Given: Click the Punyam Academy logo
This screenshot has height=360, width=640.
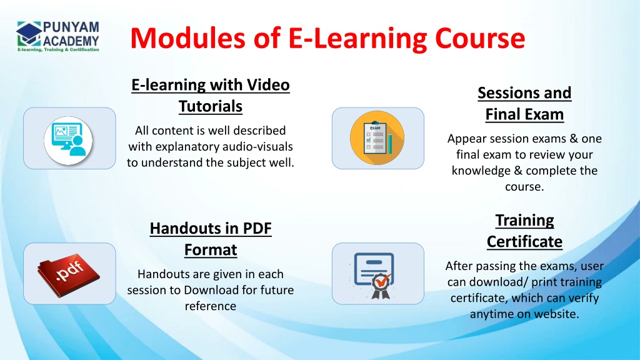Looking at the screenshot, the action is tap(58, 36).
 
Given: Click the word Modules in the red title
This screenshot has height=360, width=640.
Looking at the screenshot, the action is tap(188, 38).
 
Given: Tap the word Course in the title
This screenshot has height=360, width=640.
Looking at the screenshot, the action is tap(480, 38).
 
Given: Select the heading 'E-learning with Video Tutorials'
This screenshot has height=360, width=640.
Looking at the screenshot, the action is tap(211, 96).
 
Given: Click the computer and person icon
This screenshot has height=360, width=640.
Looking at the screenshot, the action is tap(68, 140).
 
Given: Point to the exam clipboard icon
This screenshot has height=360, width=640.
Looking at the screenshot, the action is tap(377, 138).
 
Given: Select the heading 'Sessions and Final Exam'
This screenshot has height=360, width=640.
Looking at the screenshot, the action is tap(524, 104).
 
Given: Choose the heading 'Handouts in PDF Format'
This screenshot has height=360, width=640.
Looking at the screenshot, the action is tap(211, 239).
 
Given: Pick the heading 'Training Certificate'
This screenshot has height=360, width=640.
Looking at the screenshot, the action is tap(524, 231).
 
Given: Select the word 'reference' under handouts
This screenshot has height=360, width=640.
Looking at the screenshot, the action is tap(211, 306).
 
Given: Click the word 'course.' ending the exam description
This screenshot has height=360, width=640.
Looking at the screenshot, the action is tap(524, 187).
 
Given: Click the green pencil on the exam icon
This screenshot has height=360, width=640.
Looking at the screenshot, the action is tap(390, 143).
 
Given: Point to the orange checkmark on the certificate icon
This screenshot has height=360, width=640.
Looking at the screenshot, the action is tap(383, 281).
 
